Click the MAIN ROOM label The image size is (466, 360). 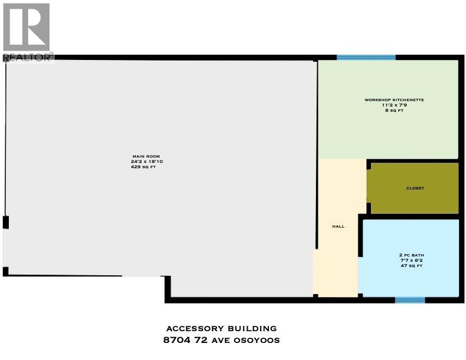tap(144, 155)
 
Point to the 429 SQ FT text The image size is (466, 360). tap(144, 167)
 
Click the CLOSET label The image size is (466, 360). tap(415, 188)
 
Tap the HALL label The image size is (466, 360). tap(338, 226)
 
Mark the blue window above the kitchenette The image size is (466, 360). tap(365, 58)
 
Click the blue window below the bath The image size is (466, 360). tap(410, 300)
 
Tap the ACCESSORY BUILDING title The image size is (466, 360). tap(221, 328)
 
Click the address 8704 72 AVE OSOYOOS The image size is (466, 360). tap(221, 341)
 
